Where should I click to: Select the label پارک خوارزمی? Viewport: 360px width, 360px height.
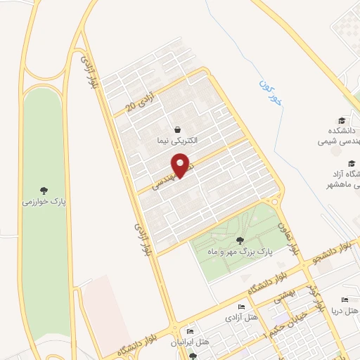(44, 201)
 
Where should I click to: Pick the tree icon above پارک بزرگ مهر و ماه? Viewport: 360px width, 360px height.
(240, 241)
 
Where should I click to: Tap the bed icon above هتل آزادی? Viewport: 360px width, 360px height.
(241, 307)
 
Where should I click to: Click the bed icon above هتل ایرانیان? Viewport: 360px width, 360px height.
(189, 332)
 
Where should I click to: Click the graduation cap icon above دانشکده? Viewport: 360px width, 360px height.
(342, 121)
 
